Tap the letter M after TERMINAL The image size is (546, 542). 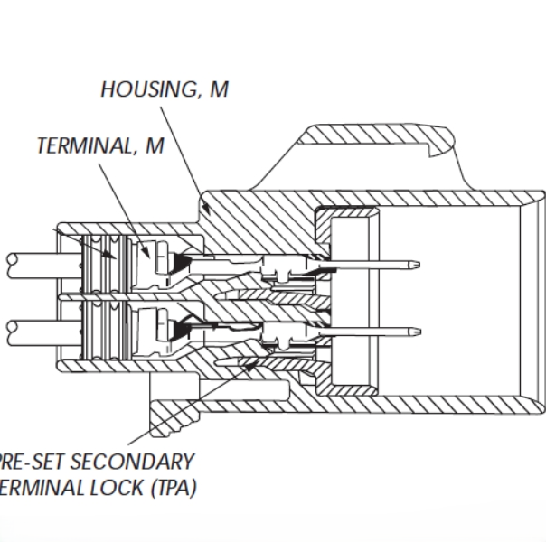point(155,146)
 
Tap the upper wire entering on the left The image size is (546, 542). point(27,262)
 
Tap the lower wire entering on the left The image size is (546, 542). point(27,326)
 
